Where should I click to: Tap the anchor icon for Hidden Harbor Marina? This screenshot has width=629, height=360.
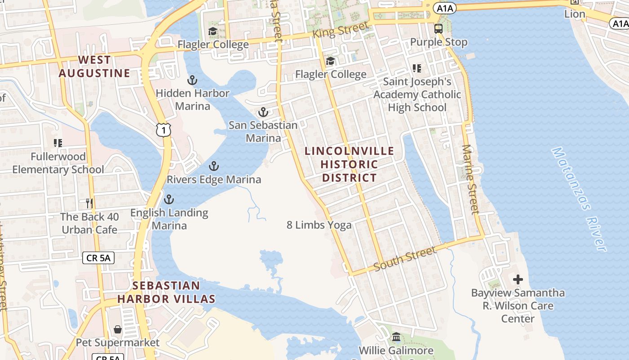pyautogui.click(x=192, y=81)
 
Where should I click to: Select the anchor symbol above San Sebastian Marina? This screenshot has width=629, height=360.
pyautogui.click(x=263, y=112)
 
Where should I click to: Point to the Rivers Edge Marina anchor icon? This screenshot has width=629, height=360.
pyautogui.click(x=214, y=166)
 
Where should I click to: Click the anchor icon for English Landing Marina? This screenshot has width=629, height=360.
pyautogui.click(x=169, y=199)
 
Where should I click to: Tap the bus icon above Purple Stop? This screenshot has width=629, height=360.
pyautogui.click(x=439, y=29)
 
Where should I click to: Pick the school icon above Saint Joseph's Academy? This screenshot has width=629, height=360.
pyautogui.click(x=417, y=68)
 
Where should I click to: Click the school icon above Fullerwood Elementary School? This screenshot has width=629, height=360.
pyautogui.click(x=58, y=143)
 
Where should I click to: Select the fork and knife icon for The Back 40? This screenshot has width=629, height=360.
pyautogui.click(x=89, y=203)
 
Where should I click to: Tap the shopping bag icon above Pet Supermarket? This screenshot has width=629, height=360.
pyautogui.click(x=117, y=329)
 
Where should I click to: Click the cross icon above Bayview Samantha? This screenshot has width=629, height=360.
pyautogui.click(x=518, y=279)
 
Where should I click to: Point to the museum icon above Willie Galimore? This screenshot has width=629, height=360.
pyautogui.click(x=396, y=337)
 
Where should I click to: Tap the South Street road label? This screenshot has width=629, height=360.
pyautogui.click(x=405, y=258)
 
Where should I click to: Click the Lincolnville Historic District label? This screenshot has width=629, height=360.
pyautogui.click(x=349, y=164)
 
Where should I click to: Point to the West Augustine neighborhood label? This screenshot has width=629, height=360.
pyautogui.click(x=94, y=67)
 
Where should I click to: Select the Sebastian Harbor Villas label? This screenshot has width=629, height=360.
pyautogui.click(x=166, y=292)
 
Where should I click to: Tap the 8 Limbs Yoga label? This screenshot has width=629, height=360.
pyautogui.click(x=319, y=225)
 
